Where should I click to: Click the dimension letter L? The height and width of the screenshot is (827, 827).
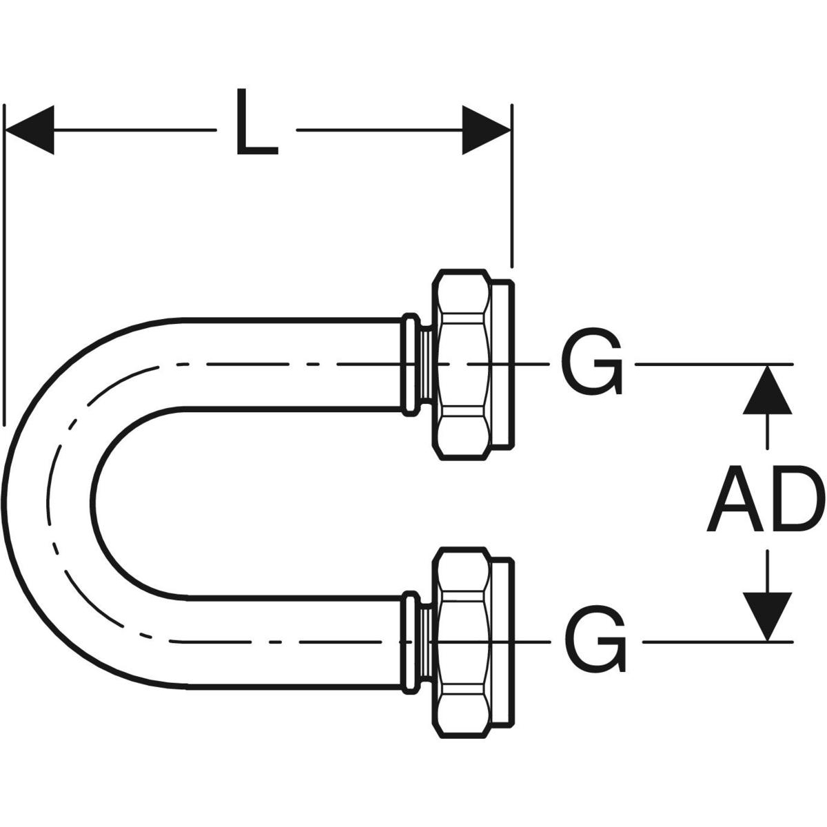click(256, 122)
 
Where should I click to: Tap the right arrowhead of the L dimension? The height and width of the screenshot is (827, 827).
click(486, 130)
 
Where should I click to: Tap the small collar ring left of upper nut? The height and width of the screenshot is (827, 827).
click(411, 364)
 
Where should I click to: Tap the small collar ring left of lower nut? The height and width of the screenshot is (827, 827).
click(411, 641)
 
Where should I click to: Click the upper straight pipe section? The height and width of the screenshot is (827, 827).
click(289, 363)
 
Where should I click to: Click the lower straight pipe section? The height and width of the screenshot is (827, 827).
click(289, 641)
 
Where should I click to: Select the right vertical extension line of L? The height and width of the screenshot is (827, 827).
click(511, 186)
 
